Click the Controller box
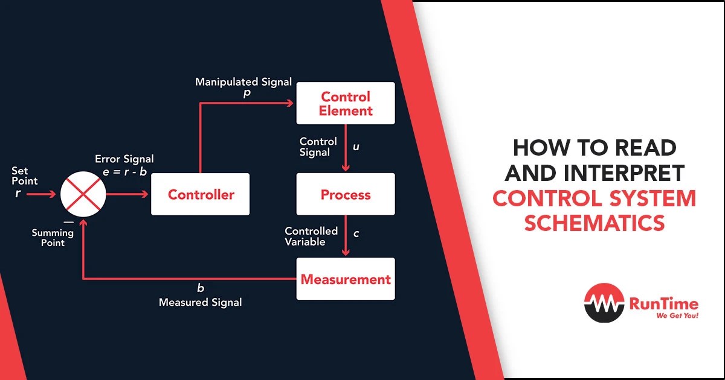[x=200, y=194]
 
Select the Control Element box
[x=346, y=104]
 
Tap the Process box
[x=346, y=194]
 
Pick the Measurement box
[x=346, y=279]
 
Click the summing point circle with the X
[x=83, y=194]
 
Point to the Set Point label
[x=24, y=176]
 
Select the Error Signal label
[x=124, y=159]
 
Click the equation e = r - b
[x=124, y=171]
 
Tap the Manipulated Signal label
[x=243, y=81]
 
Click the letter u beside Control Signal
[x=356, y=147]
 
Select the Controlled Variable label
[x=311, y=236]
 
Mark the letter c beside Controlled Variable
[x=356, y=233]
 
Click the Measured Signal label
[x=200, y=302]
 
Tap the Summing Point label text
[x=48, y=237]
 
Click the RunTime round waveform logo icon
[x=605, y=304]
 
